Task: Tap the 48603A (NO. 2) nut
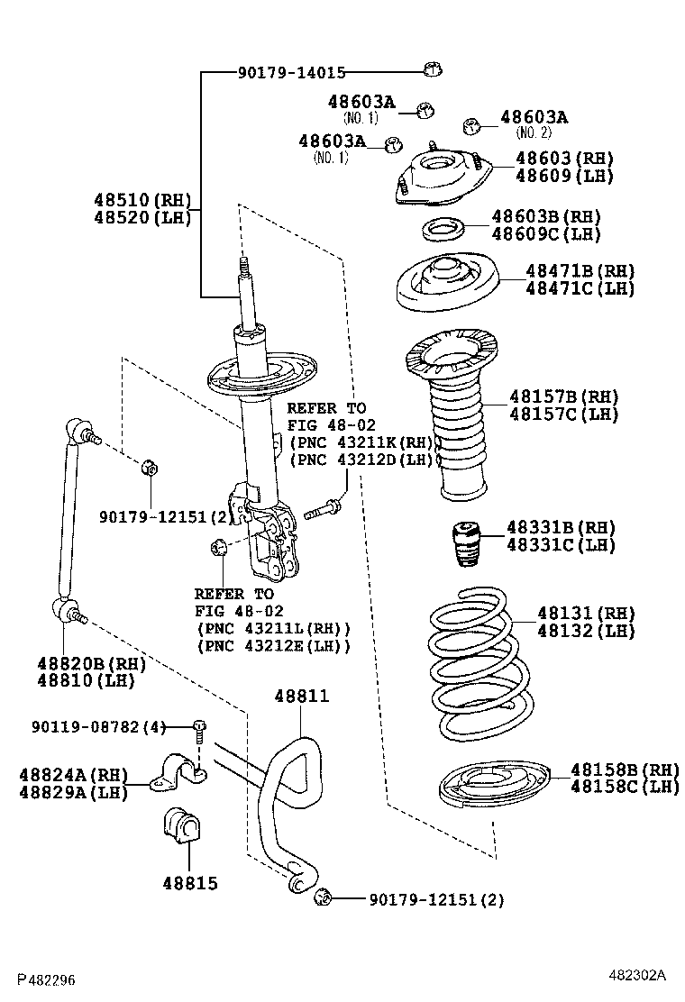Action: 469,127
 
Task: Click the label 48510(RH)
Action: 142,199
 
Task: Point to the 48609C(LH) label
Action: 545,234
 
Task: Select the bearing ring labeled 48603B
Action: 443,229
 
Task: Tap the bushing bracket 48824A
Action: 178,772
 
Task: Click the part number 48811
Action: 302,697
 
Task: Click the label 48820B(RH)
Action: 90,663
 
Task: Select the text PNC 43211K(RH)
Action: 364,442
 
